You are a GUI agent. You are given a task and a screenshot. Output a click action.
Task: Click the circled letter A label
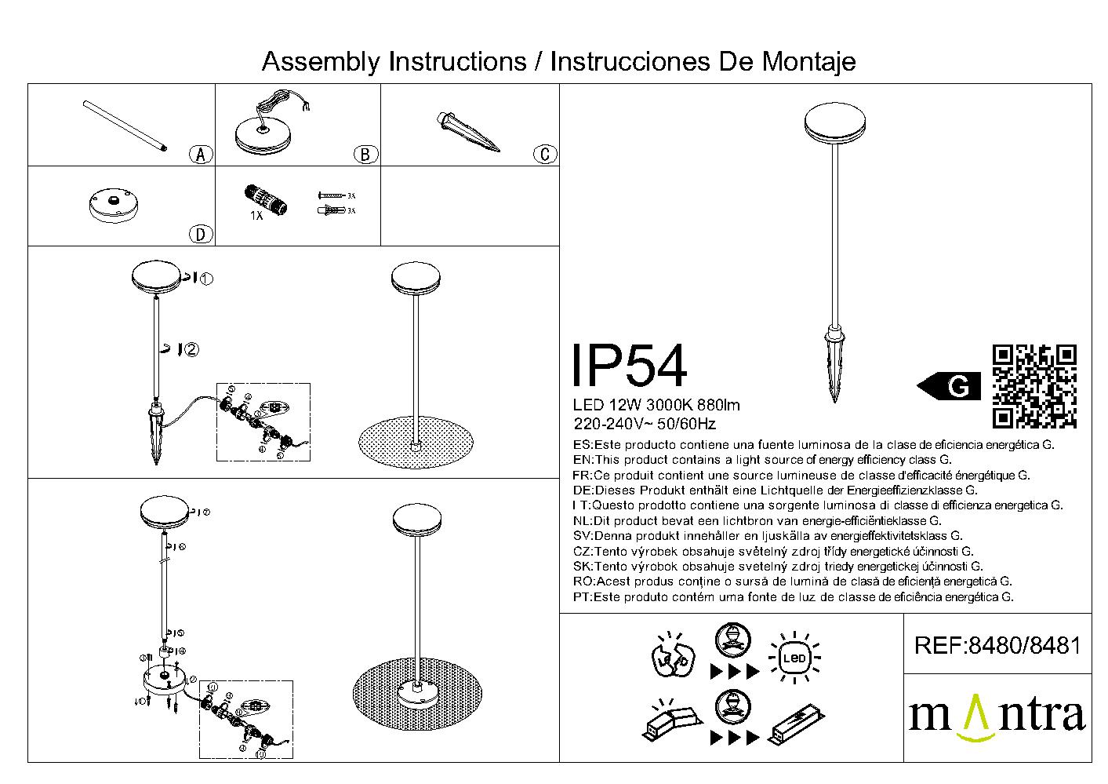[202, 155]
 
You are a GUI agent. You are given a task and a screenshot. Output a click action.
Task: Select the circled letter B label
[365, 155]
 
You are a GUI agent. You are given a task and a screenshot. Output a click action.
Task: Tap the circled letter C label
[545, 154]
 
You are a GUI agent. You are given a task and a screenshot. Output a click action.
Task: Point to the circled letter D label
[201, 234]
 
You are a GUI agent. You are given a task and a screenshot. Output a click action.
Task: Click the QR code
[1034, 386]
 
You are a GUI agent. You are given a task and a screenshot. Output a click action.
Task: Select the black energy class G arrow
[949, 386]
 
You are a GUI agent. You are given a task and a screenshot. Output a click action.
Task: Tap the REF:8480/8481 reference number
[997, 646]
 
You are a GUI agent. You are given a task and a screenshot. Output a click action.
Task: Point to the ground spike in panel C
[468, 132]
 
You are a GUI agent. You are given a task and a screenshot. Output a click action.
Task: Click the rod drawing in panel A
[125, 126]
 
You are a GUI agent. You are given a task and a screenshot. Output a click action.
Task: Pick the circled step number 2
[191, 349]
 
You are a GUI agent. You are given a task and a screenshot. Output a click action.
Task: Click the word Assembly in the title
[322, 61]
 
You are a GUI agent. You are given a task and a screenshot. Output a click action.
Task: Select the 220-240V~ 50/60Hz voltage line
[645, 425]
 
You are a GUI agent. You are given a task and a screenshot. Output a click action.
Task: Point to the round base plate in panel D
[114, 206]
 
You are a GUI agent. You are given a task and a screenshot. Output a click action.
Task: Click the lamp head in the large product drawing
[835, 126]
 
